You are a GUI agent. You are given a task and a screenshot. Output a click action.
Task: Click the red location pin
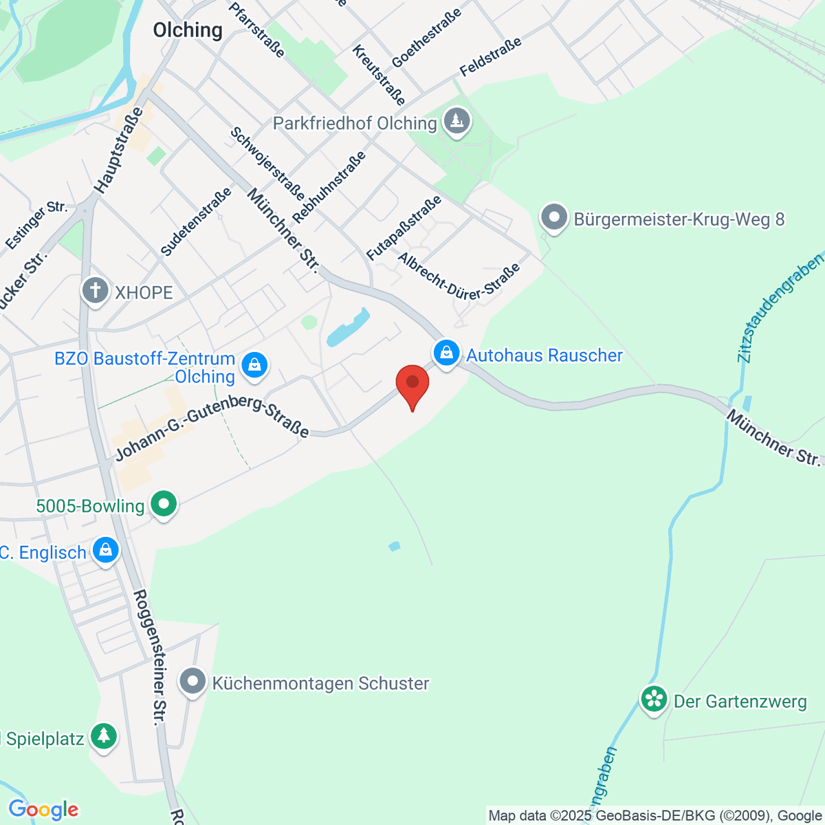(x=412, y=384)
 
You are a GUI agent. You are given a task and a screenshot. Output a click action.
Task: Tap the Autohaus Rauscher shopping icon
(x=447, y=354)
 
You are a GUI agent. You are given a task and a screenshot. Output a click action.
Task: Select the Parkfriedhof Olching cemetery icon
(x=456, y=122)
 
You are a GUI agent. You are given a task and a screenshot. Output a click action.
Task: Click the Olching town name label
(x=188, y=30)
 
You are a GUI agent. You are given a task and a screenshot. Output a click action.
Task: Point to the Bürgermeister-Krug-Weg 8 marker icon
(x=553, y=219)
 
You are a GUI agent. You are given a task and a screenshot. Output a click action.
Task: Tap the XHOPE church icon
(x=96, y=291)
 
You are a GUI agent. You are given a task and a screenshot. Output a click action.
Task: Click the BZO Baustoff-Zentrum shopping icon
(x=254, y=365)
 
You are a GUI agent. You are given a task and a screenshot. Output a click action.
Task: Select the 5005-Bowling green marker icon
(x=164, y=505)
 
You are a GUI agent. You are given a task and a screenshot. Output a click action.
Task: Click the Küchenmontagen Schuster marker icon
(x=192, y=682)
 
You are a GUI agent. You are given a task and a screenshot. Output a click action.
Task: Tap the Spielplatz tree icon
(x=103, y=737)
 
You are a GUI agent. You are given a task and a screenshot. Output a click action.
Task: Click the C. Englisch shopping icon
(x=105, y=551)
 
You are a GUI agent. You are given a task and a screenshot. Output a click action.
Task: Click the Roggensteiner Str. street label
(x=150, y=657)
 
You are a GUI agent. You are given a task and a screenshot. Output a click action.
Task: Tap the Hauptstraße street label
(x=119, y=150)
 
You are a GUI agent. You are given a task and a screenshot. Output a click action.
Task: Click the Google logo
(x=43, y=809)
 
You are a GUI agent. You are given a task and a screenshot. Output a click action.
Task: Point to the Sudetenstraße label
(x=195, y=223)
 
